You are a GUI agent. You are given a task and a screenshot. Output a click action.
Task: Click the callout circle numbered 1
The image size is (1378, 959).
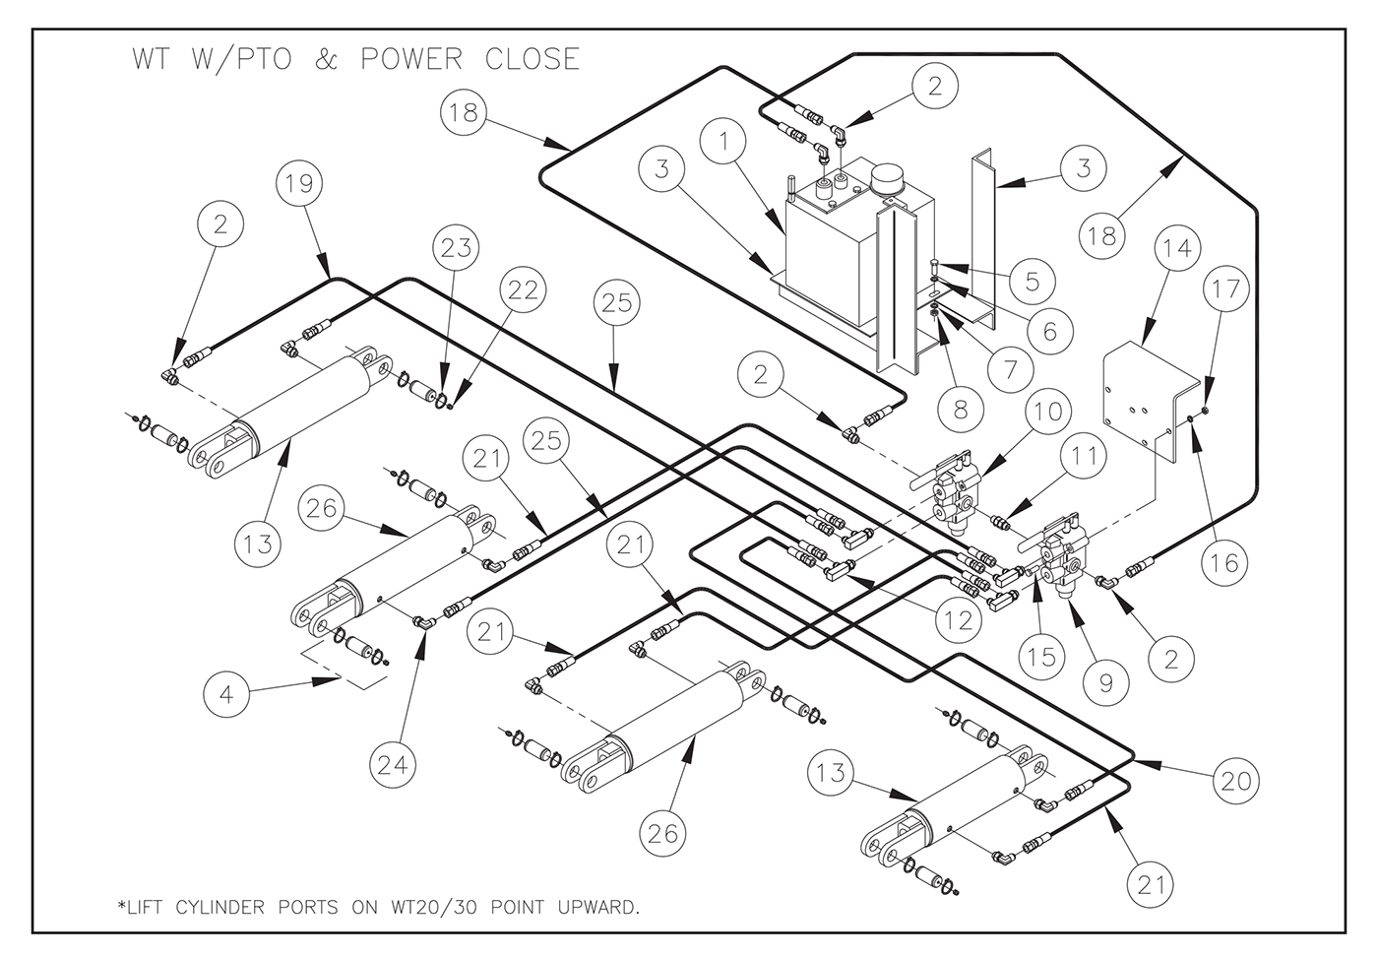[726, 142]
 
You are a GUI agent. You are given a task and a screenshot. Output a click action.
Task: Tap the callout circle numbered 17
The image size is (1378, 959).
[1226, 288]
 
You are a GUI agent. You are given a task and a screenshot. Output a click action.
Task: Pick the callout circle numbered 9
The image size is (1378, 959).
[1106, 681]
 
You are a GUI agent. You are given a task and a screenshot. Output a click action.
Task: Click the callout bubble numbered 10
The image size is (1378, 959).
[1049, 410]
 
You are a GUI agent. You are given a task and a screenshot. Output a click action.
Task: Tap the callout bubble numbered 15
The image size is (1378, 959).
[1041, 656]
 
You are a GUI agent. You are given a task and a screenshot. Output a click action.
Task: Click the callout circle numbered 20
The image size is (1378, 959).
[1235, 781]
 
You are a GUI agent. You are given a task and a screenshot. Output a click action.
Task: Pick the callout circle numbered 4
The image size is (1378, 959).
[227, 694]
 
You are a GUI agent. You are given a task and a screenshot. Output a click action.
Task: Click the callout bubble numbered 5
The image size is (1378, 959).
[1032, 282]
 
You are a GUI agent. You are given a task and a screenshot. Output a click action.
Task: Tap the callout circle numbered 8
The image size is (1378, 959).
[961, 408]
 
